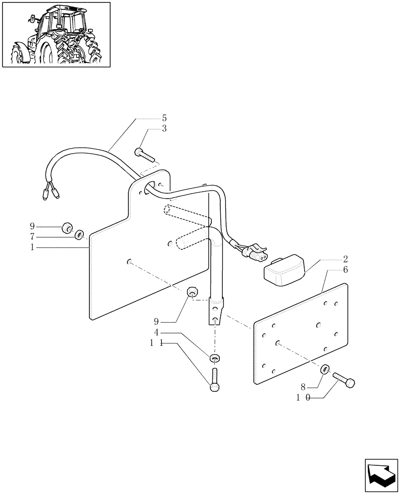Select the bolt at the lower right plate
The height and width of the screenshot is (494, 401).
pos(345,381)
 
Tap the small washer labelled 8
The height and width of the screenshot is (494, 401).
pos(325,369)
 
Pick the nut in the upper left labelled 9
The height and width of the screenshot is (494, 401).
pos(66,229)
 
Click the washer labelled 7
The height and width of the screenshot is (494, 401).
pos(79,234)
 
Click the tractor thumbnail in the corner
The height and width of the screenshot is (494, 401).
pos(56,34)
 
